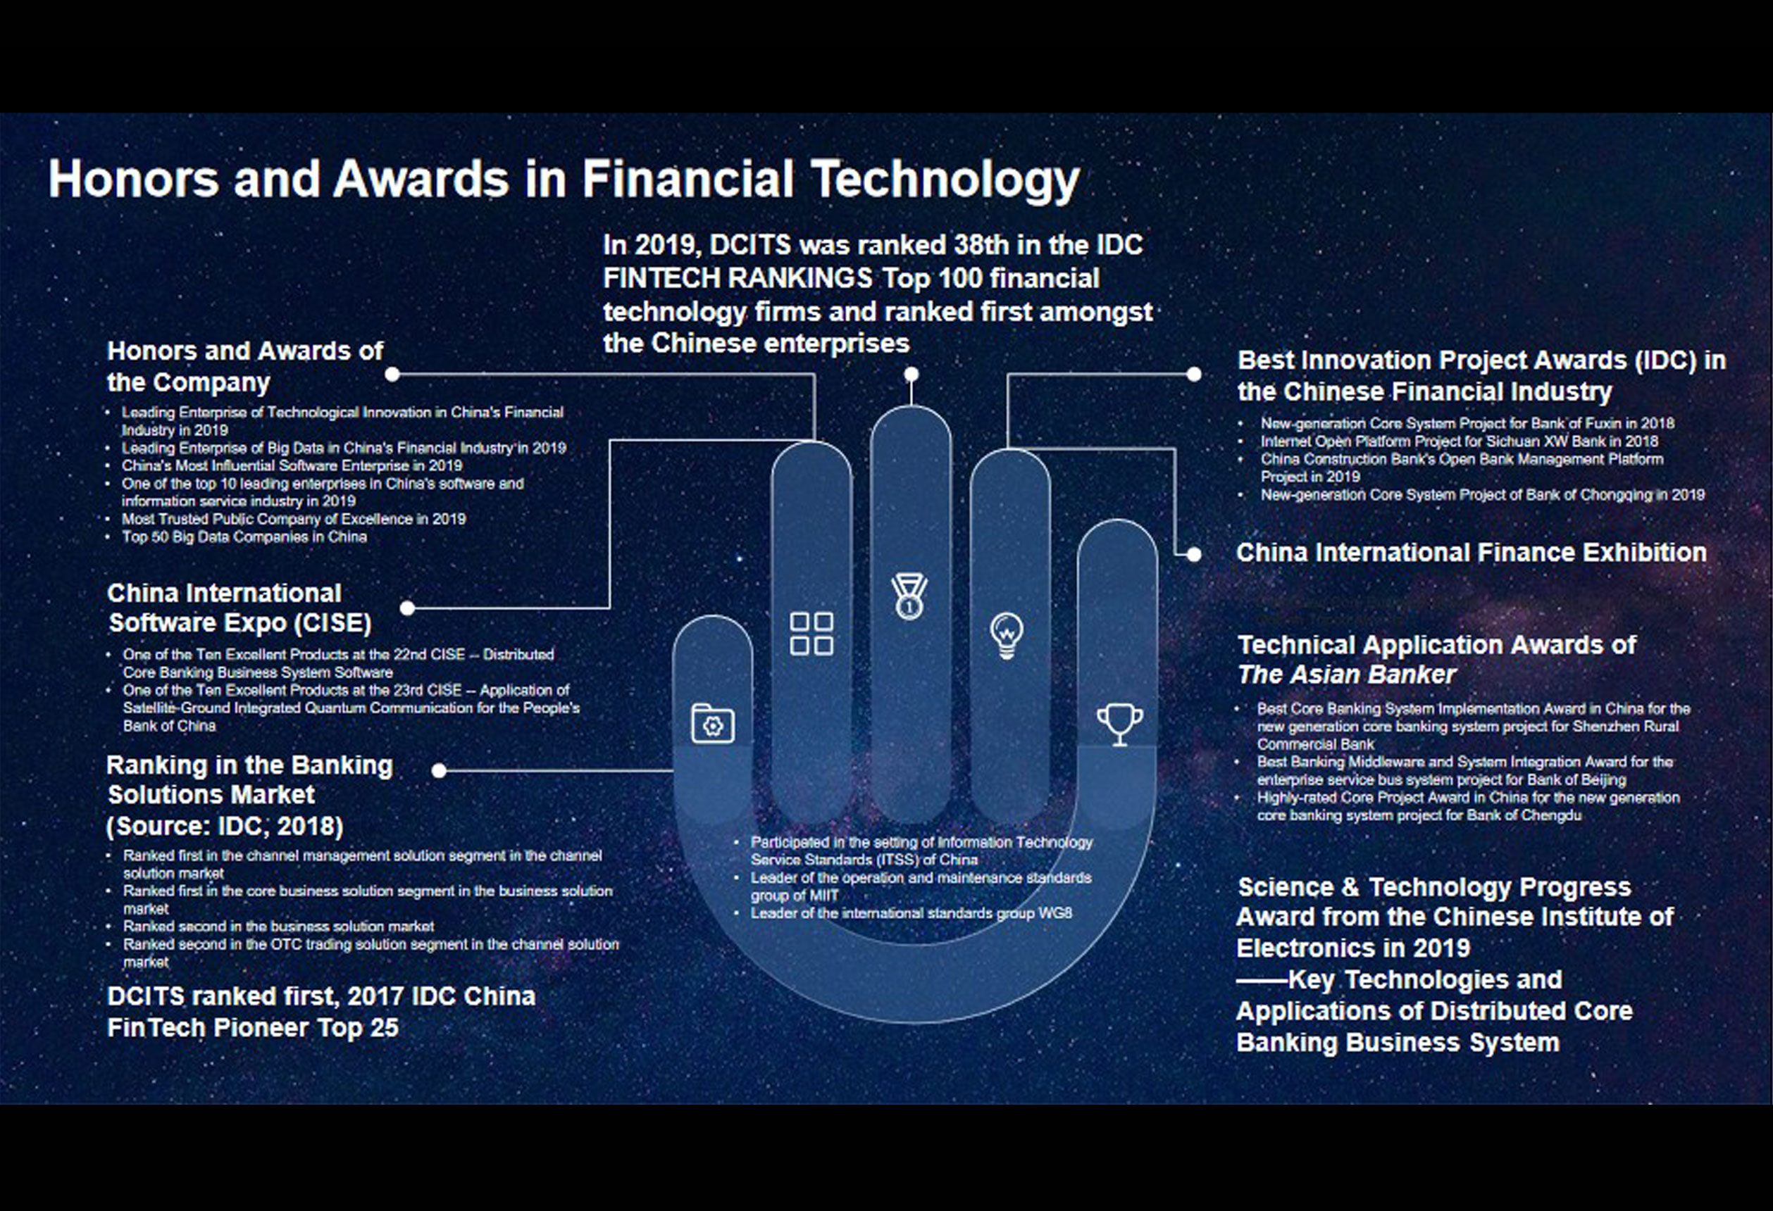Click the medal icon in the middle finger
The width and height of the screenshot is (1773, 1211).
click(909, 596)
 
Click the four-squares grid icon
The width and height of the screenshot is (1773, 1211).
click(811, 634)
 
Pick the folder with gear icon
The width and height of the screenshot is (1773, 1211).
click(713, 723)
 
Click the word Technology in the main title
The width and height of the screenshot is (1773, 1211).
click(945, 180)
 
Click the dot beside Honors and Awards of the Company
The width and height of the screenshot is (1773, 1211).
click(392, 374)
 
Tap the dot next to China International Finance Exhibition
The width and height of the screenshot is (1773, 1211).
click(1194, 554)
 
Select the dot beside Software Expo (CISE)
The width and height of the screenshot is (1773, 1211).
click(407, 608)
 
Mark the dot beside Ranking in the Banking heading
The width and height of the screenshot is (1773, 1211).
click(439, 770)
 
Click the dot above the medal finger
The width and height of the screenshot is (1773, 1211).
click(911, 374)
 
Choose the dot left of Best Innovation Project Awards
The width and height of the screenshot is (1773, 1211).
click(1194, 374)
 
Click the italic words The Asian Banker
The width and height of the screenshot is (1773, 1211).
click(1347, 675)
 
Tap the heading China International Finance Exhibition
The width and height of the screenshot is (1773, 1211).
click(1471, 552)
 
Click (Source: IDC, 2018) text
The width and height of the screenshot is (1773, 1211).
click(225, 826)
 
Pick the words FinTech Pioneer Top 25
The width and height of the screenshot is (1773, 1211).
click(252, 1028)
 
